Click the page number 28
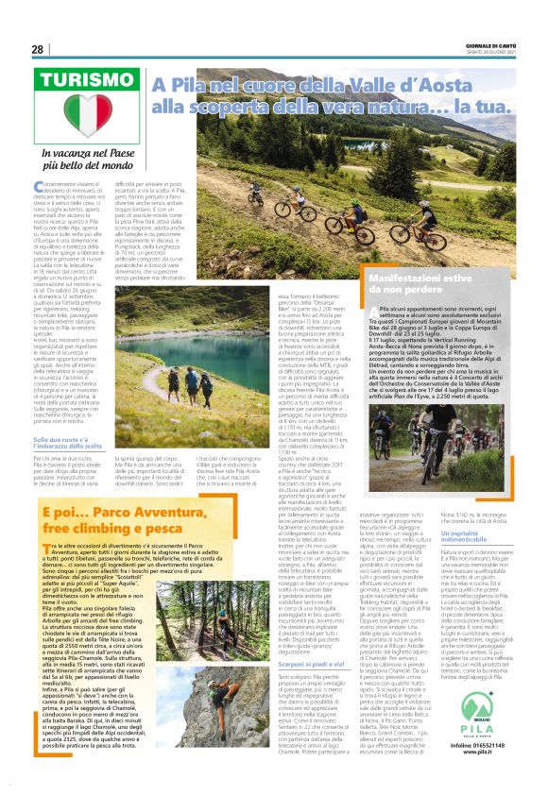coord(37,49)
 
